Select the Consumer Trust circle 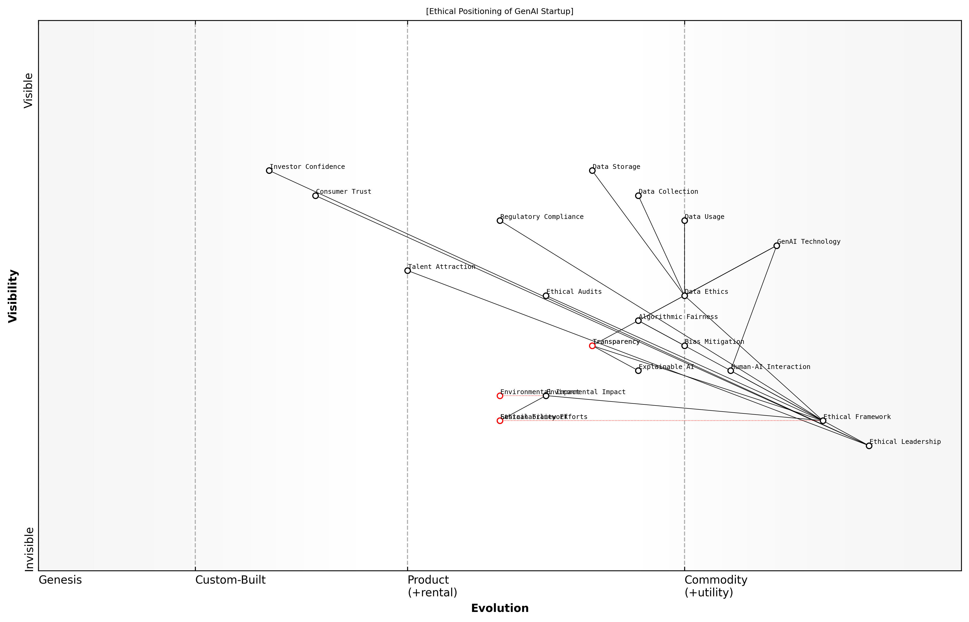pyautogui.click(x=315, y=196)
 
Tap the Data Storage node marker pyautogui.click(x=592, y=170)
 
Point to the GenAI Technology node pyautogui.click(x=776, y=246)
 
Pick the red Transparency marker pyautogui.click(x=592, y=346)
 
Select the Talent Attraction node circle pyautogui.click(x=407, y=271)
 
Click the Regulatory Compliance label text pyautogui.click(x=542, y=217)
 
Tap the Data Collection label pyautogui.click(x=668, y=192)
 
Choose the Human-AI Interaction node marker pyautogui.click(x=730, y=370)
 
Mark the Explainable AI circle pyautogui.click(x=638, y=370)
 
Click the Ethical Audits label pyautogui.click(x=574, y=292)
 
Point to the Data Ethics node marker pyautogui.click(x=684, y=296)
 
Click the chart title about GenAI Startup pyautogui.click(x=499, y=11)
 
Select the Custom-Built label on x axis pyautogui.click(x=230, y=580)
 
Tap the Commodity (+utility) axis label pyautogui.click(x=716, y=586)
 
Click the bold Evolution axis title pyautogui.click(x=499, y=608)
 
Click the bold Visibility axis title pyautogui.click(x=13, y=296)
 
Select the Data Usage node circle pyautogui.click(x=684, y=220)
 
